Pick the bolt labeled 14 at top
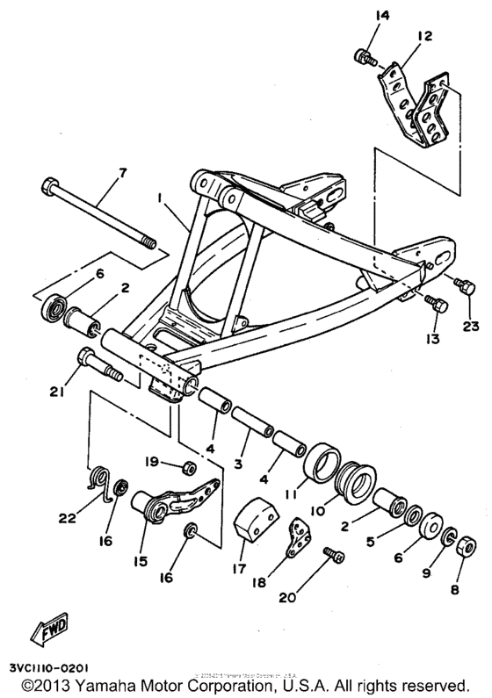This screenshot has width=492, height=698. pyautogui.click(x=362, y=58)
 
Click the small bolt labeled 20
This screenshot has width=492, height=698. pyautogui.click(x=333, y=554)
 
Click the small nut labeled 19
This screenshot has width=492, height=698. pyautogui.click(x=188, y=463)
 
